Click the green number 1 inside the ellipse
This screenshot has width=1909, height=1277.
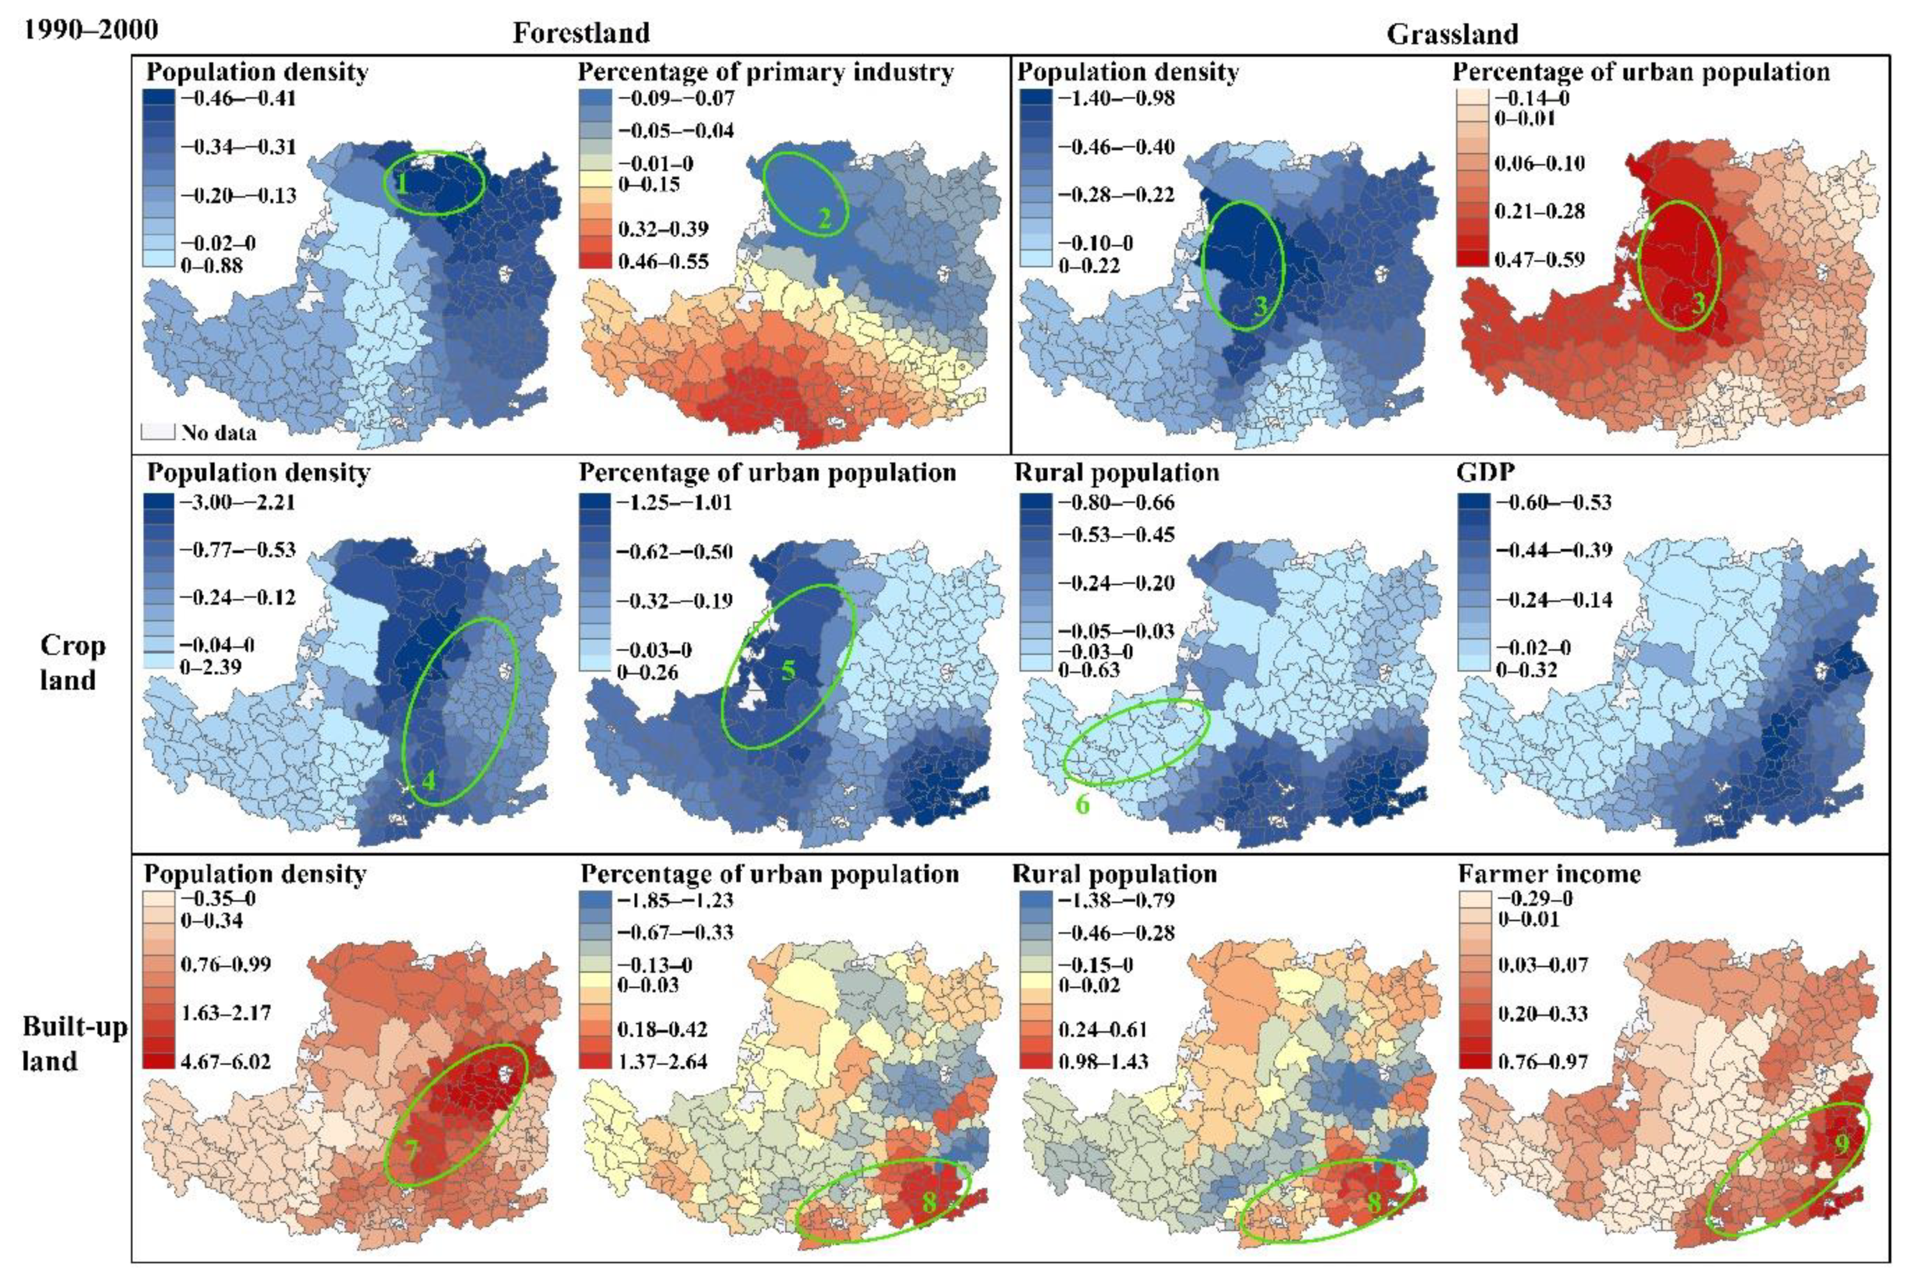click(401, 185)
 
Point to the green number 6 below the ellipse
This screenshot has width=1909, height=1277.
click(1082, 804)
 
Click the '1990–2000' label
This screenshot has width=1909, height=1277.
click(90, 30)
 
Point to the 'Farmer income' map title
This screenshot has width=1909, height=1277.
click(1548, 874)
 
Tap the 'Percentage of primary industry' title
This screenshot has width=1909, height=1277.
click(765, 72)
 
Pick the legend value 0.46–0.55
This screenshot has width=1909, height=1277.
click(663, 261)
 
